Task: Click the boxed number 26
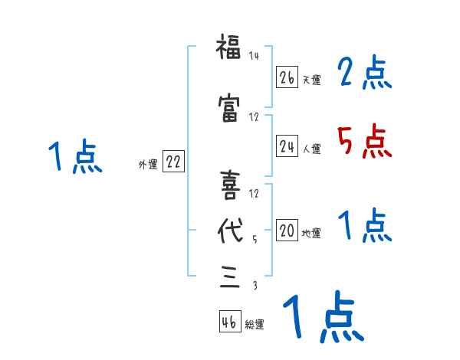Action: click(x=287, y=77)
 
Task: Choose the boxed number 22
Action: click(x=173, y=162)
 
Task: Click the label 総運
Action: click(x=255, y=325)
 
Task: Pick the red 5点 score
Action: click(x=363, y=140)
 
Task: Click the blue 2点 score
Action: click(x=363, y=73)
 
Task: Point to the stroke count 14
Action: click(x=255, y=56)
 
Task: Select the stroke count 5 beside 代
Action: click(x=255, y=240)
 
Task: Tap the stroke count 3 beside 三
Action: click(x=255, y=286)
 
